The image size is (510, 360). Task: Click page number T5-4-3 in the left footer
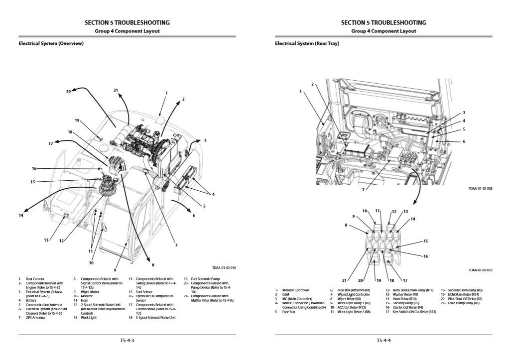(x=127, y=341)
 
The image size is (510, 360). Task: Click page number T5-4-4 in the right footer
(x=383, y=341)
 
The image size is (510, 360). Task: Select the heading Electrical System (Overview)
(x=51, y=43)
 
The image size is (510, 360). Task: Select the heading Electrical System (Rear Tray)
(x=307, y=43)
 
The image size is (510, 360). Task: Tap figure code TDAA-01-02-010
(x=224, y=268)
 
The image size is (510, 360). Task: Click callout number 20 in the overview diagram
(x=68, y=92)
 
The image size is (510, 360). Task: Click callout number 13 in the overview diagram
(x=46, y=240)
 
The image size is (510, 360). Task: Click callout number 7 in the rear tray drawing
(x=363, y=190)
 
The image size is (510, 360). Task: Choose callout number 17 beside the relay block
(x=405, y=280)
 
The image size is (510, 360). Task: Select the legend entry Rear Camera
(x=35, y=279)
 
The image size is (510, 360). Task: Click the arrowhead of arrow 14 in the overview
(x=22, y=211)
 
